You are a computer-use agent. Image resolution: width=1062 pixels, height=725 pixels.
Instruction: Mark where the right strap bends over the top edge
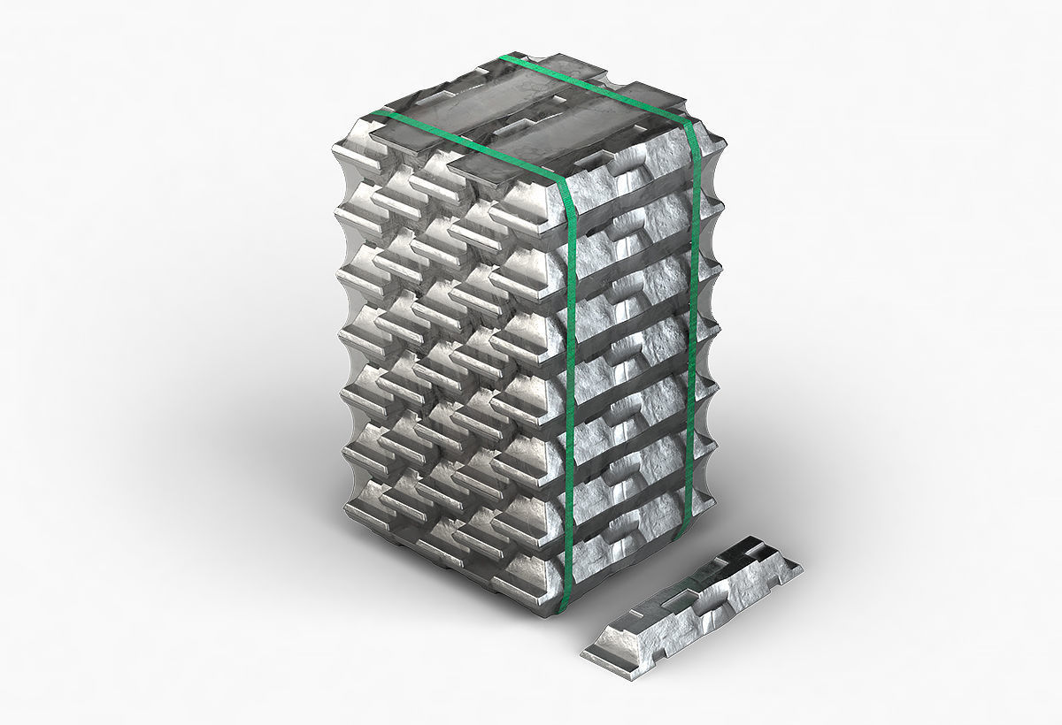691,126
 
